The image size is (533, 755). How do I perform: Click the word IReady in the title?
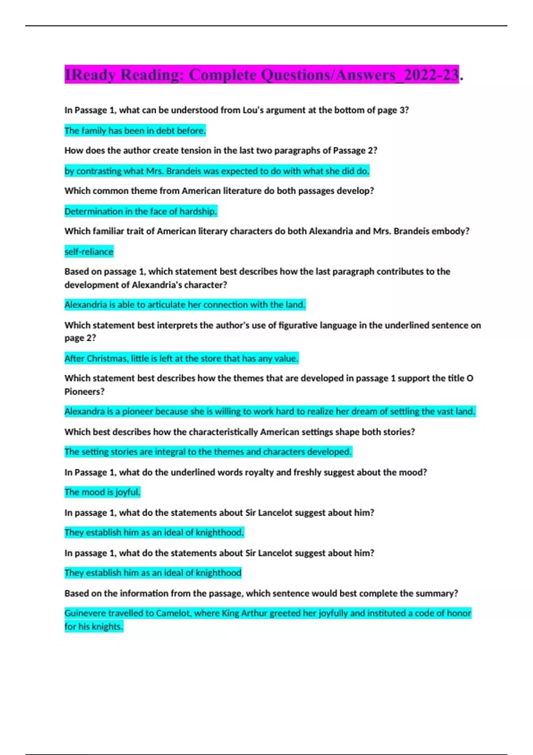[90, 75]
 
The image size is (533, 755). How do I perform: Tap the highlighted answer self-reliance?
[89, 252]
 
